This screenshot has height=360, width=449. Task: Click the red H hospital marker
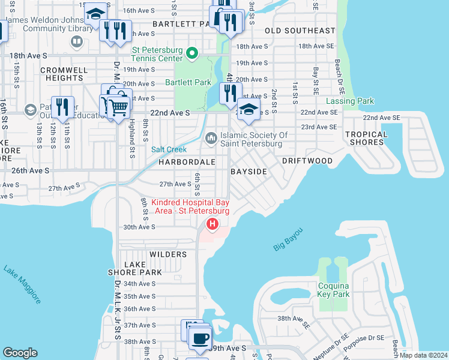[x=212, y=224]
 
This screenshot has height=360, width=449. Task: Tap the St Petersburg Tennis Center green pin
[x=192, y=55]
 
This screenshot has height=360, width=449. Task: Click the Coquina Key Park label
[x=333, y=290]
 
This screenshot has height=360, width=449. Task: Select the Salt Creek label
[x=169, y=149]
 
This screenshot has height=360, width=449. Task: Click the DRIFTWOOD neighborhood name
[x=307, y=161]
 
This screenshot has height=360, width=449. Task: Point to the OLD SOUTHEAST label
[x=303, y=31]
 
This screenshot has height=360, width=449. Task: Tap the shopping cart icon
[x=119, y=107]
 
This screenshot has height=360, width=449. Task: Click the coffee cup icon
[x=199, y=337]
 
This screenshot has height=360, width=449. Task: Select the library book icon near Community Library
[x=76, y=41]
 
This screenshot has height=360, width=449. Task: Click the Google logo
[x=20, y=353]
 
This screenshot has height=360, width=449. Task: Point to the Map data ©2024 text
[x=423, y=355]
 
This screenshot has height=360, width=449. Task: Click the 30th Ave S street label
[x=139, y=227]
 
